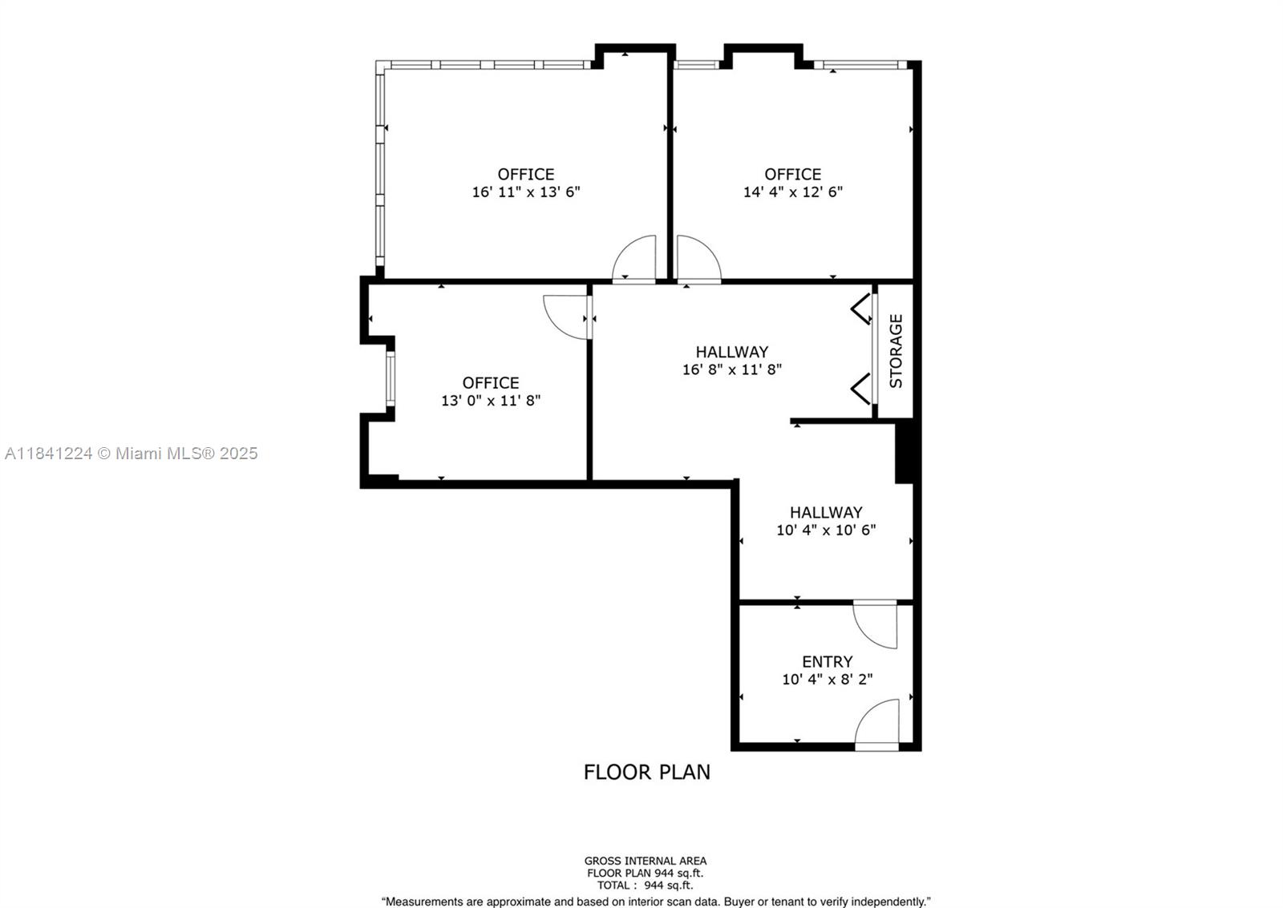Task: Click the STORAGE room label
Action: click(896, 351)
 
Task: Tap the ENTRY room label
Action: click(827, 661)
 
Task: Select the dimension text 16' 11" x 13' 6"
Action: click(526, 192)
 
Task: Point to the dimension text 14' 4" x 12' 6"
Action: click(792, 192)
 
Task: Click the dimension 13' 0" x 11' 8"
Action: click(491, 401)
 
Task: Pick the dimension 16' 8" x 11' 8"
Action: click(731, 369)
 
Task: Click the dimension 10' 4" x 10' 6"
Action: click(826, 530)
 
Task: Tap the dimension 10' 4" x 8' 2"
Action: click(827, 680)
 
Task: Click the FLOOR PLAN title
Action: click(646, 772)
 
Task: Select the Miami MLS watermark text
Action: click(132, 454)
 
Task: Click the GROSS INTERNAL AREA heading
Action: click(646, 861)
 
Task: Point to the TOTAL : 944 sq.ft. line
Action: click(646, 886)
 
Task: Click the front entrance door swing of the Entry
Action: click(880, 724)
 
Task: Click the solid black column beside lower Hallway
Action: click(904, 453)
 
